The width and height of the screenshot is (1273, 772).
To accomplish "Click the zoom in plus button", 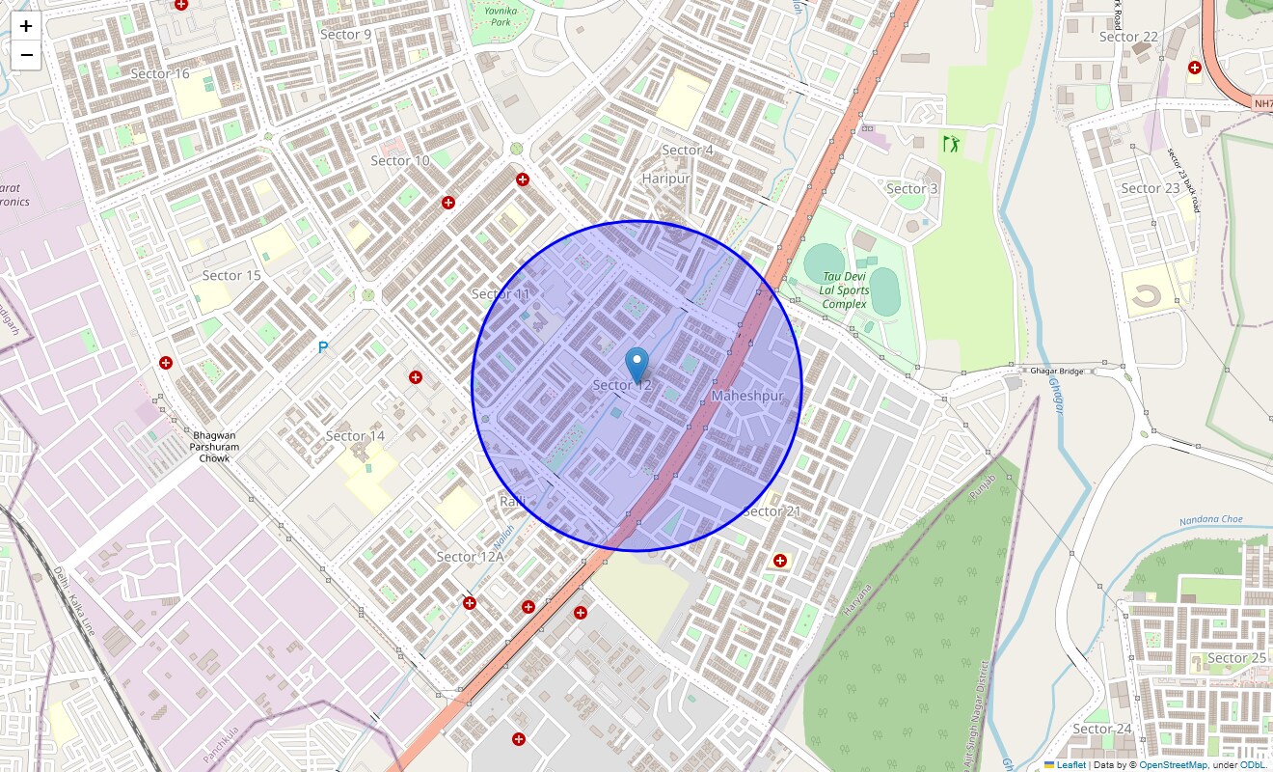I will coord(26,26).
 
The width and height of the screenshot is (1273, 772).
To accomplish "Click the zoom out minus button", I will coord(26,55).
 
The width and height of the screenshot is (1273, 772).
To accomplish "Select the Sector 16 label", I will coord(160,73).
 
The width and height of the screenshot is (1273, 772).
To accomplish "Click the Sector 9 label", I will coord(345,35).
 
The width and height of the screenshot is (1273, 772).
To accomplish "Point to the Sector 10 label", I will coord(400,160).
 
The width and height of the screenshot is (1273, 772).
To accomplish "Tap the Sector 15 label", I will coord(231,275).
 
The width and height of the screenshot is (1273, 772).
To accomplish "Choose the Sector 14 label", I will coord(355,436).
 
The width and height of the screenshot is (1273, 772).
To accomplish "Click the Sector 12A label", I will coord(471,557).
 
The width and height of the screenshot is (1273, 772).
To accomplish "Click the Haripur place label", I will coord(665,179).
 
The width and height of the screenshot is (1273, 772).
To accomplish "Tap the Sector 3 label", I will coord(911,189).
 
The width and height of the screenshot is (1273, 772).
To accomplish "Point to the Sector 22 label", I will coord(1128,37).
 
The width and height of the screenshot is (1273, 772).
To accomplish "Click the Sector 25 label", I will coord(1236,658).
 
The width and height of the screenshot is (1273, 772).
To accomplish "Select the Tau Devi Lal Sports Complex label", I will coord(845,289).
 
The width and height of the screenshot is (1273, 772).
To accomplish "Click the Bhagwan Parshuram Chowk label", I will coord(214,447).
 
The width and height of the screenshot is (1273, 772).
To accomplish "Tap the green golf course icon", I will coord(952,145).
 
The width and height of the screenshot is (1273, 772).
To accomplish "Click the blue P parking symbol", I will coord(323,347).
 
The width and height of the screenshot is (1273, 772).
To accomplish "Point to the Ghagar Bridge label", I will coord(1057,371).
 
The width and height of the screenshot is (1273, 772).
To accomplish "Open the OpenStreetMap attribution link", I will coord(1173,765).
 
